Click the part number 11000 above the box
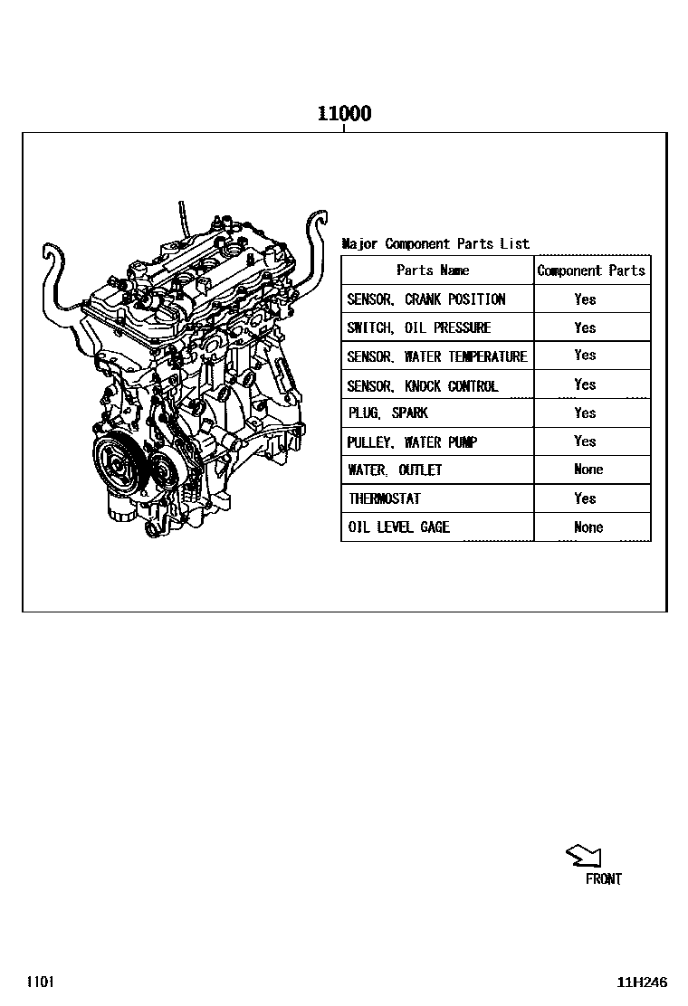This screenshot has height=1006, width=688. coord(345,114)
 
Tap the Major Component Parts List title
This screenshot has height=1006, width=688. coord(435,243)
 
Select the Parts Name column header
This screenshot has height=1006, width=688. coord(433,270)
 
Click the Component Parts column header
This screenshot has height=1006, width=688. coord(591,270)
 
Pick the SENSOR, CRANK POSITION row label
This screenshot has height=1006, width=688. coord(426,299)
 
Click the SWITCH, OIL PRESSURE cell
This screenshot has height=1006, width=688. coord(418,327)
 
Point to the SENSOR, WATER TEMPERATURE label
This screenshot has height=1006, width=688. coord(437,356)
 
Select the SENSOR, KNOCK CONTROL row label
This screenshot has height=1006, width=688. coord(422,385)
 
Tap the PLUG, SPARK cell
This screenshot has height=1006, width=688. coord(387,413)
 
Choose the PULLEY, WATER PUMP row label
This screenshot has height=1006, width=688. coord(411,442)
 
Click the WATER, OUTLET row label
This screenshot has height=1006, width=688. coord(395,470)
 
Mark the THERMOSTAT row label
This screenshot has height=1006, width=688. coord(385,498)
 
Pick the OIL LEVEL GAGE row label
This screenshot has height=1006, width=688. coord(398,527)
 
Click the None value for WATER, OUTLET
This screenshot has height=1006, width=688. coord(588,469)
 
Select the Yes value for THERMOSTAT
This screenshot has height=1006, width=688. coord(586,498)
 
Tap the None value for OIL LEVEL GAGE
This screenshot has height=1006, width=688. coord(588,527)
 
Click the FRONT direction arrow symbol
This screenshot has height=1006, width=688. coord(583,856)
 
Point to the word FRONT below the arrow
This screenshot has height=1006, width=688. coord(603,879)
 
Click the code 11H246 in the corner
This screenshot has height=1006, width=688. coord(642,982)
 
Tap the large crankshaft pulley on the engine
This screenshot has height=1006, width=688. coord(118,460)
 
